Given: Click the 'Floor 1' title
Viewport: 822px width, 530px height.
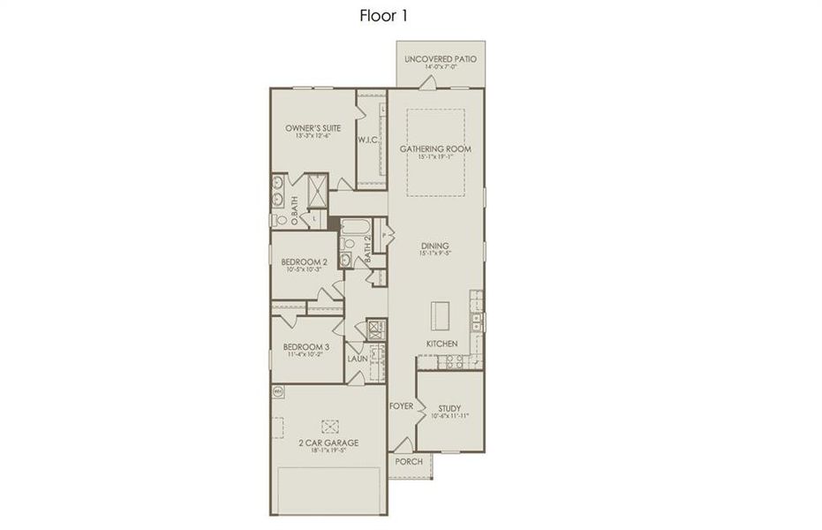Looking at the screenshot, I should point(382,15).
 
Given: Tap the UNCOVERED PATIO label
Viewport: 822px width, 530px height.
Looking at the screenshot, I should point(441,59).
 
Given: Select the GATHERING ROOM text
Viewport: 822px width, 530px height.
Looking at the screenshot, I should point(435,148).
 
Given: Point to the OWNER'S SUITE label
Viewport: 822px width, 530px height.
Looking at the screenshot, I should point(313,128).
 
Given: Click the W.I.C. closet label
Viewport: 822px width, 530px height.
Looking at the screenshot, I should point(368,140).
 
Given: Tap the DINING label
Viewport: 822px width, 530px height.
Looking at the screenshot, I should point(435,246).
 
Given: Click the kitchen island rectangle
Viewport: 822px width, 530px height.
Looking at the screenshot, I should point(439,314).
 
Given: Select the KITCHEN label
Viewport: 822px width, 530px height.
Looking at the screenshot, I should point(441,343).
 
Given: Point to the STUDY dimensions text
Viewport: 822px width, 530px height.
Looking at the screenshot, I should point(449,416).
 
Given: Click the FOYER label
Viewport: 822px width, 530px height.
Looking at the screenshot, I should point(401,406).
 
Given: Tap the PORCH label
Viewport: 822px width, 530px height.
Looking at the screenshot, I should point(408,461).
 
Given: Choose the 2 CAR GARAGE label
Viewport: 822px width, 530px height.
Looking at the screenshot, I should point(328,443).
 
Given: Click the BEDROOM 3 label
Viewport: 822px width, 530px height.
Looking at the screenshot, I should point(305,347).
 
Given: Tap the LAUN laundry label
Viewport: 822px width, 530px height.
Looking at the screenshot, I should point(357,359).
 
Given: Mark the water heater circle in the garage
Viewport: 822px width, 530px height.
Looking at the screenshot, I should point(276,390).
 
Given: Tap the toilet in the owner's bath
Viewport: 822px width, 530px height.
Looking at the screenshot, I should point(275,220).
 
